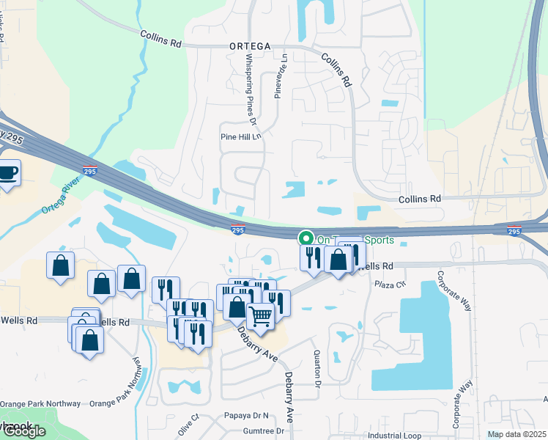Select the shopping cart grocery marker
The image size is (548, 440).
point(260,317)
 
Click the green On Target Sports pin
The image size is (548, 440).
point(306,238)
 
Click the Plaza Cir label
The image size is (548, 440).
point(390,285)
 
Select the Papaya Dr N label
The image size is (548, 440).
point(247,415)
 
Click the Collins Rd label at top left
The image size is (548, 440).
point(160,37)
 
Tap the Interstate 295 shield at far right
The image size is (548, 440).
point(514,231)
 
